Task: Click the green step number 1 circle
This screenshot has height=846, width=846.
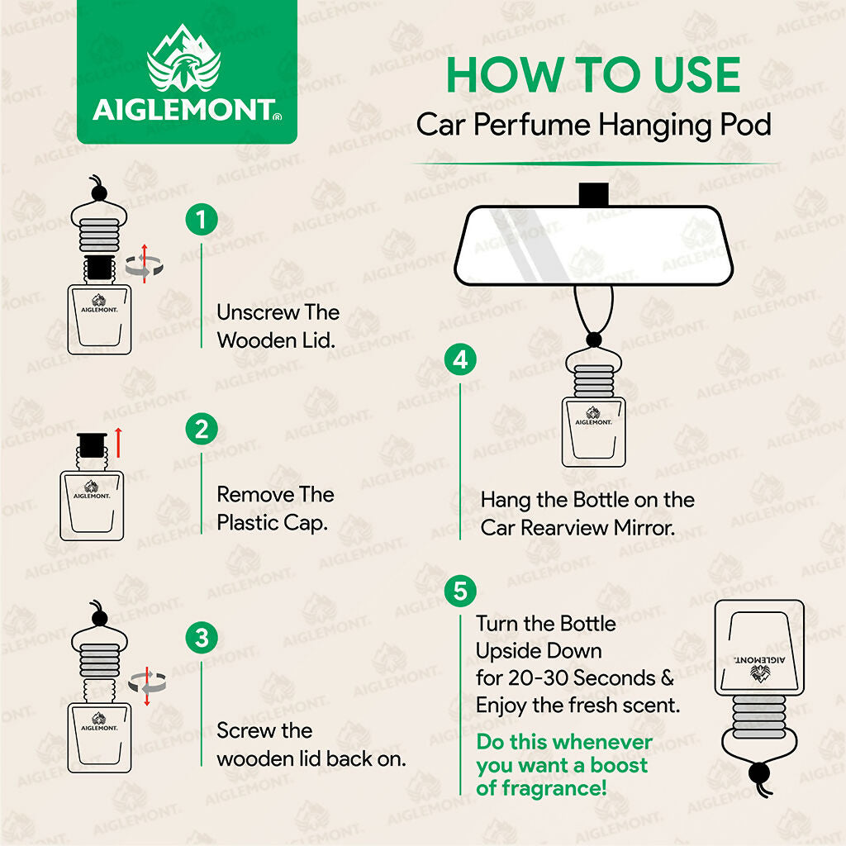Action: point(201,221)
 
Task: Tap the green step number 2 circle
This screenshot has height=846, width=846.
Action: point(201,430)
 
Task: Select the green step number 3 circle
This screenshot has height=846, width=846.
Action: point(201,639)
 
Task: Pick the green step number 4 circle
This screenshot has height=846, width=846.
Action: point(460,359)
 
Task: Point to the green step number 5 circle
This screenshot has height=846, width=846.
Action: point(460,591)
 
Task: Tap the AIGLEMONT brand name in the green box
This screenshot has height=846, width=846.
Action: point(183,111)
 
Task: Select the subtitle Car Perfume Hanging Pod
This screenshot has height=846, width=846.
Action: point(593,125)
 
